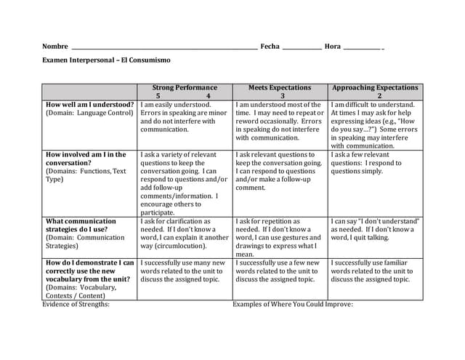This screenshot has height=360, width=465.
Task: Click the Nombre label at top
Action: [55, 47]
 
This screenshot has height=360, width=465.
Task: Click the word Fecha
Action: [270, 47]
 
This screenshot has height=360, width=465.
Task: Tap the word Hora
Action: [333, 47]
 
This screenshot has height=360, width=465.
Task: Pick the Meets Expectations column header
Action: [280, 87]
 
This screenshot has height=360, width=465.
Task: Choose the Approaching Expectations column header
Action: [376, 87]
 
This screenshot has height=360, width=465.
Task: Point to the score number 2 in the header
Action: [379, 96]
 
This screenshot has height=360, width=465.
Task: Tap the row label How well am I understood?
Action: [89, 105]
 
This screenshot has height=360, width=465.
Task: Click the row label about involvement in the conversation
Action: [86, 159]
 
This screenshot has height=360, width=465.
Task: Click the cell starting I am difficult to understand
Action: [375, 125]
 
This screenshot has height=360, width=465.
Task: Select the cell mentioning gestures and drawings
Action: [280, 238]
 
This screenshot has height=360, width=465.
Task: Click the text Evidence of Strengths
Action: [76, 305]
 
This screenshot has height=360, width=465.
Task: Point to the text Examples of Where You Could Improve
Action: [292, 305]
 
